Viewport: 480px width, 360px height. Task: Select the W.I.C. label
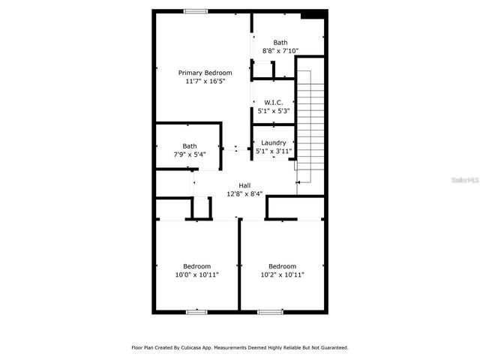tap(272, 102)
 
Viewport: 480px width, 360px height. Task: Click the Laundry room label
tap(273, 142)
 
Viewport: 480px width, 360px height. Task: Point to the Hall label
tap(244, 185)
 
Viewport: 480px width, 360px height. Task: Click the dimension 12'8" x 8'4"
tap(244, 193)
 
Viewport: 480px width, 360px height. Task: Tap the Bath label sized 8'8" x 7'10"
tap(280, 43)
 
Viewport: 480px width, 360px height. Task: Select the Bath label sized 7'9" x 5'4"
tap(190, 146)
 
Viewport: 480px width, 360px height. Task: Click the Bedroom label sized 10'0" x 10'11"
tap(197, 266)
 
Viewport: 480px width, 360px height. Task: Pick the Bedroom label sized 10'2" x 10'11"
tap(282, 266)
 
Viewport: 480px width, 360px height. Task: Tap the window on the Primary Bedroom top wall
tap(196, 10)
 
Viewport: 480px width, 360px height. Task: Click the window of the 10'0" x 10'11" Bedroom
tap(196, 310)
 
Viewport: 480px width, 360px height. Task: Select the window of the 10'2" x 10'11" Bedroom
tap(270, 310)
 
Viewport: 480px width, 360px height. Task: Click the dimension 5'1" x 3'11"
tap(273, 151)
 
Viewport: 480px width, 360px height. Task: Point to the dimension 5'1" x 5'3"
tap(272, 110)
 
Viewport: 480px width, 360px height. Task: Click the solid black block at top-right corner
tap(313, 13)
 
